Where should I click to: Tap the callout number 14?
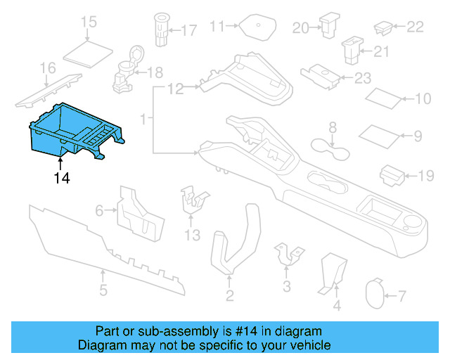(x=62, y=179)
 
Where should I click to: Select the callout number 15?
(x=89, y=23)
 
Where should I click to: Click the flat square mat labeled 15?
(x=89, y=51)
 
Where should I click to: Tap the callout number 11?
(x=217, y=27)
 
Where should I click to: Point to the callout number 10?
(x=423, y=99)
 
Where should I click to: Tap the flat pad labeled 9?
(x=378, y=133)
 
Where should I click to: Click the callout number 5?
(x=103, y=290)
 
